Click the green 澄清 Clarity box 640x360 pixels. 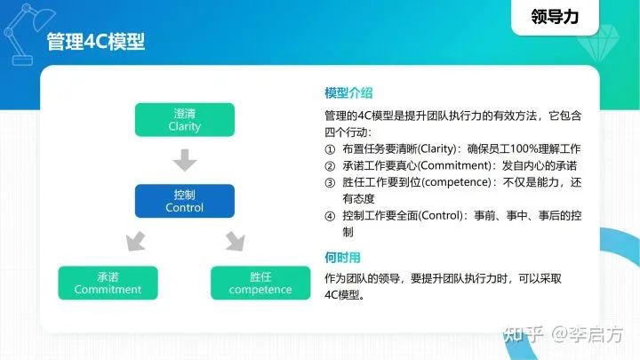[184, 120]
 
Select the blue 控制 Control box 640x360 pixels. [184, 201]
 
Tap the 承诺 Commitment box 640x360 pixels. [108, 283]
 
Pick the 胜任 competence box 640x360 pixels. [260, 283]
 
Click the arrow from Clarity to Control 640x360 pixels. [184, 161]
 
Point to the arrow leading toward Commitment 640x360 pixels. [135, 240]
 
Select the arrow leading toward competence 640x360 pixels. [235, 240]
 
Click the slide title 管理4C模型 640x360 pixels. [95, 43]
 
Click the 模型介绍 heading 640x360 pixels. [348, 92]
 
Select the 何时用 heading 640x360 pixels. [342, 258]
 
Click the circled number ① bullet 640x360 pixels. [331, 148]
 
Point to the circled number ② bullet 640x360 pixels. [331, 165]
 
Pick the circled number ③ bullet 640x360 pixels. [331, 182]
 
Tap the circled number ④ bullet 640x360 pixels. [331, 216]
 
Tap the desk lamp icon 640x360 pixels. [22, 31]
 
